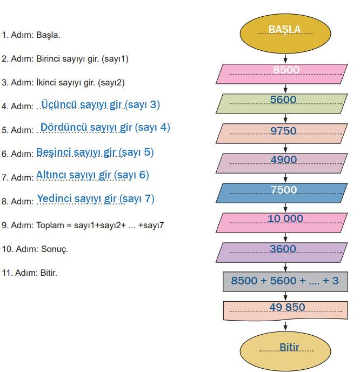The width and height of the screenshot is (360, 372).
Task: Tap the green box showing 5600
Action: click(x=285, y=103)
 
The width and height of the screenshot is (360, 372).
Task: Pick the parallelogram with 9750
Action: click(x=285, y=133)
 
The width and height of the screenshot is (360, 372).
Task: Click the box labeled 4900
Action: click(x=285, y=163)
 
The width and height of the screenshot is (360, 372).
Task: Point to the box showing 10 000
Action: click(x=285, y=222)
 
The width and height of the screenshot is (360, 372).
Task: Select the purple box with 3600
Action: click(x=285, y=252)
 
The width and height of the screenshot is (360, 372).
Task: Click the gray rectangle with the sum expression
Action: click(x=285, y=281)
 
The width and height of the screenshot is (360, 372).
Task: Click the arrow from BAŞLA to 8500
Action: click(x=285, y=57)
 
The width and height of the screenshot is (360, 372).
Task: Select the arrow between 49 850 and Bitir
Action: click(x=285, y=325)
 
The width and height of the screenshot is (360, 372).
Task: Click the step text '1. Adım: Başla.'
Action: click(x=31, y=35)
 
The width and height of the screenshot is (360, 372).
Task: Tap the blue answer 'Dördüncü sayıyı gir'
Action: click(x=86, y=128)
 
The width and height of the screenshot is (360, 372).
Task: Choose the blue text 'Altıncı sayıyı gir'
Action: click(x=74, y=175)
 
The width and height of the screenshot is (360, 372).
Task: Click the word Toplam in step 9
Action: click(x=49, y=225)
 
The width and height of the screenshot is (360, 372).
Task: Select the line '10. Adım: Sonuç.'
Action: click(x=35, y=249)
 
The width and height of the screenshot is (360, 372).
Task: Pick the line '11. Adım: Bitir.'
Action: click(x=30, y=273)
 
